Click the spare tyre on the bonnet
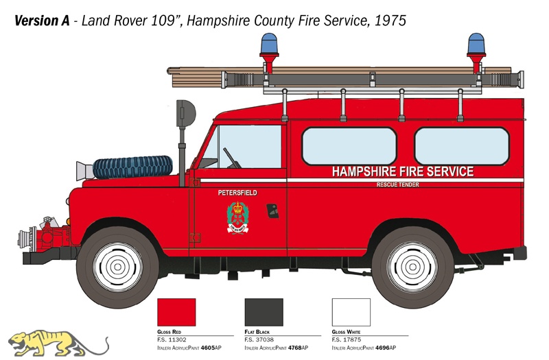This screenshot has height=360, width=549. [x=132, y=167]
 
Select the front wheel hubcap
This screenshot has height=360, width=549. [x=117, y=267]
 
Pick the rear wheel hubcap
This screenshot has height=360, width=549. [x=412, y=267]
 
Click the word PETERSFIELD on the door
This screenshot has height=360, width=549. [x=237, y=193]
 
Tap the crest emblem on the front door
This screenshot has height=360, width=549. [x=237, y=217]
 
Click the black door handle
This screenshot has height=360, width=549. [x=272, y=211]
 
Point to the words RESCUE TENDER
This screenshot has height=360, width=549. [x=398, y=184]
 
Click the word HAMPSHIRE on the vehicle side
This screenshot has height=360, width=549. [x=364, y=171]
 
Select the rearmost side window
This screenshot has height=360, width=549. [x=462, y=146]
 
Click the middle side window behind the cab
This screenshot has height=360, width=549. [x=349, y=146]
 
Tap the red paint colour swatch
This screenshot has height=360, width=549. [x=176, y=312]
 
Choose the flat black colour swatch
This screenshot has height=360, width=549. [x=264, y=312]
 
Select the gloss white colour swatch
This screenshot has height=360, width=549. [x=351, y=312]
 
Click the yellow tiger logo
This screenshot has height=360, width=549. [x=58, y=344]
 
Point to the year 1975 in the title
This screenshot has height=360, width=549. [x=390, y=21]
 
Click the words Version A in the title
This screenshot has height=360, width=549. [x=42, y=21]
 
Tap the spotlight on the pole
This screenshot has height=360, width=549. [x=185, y=113]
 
